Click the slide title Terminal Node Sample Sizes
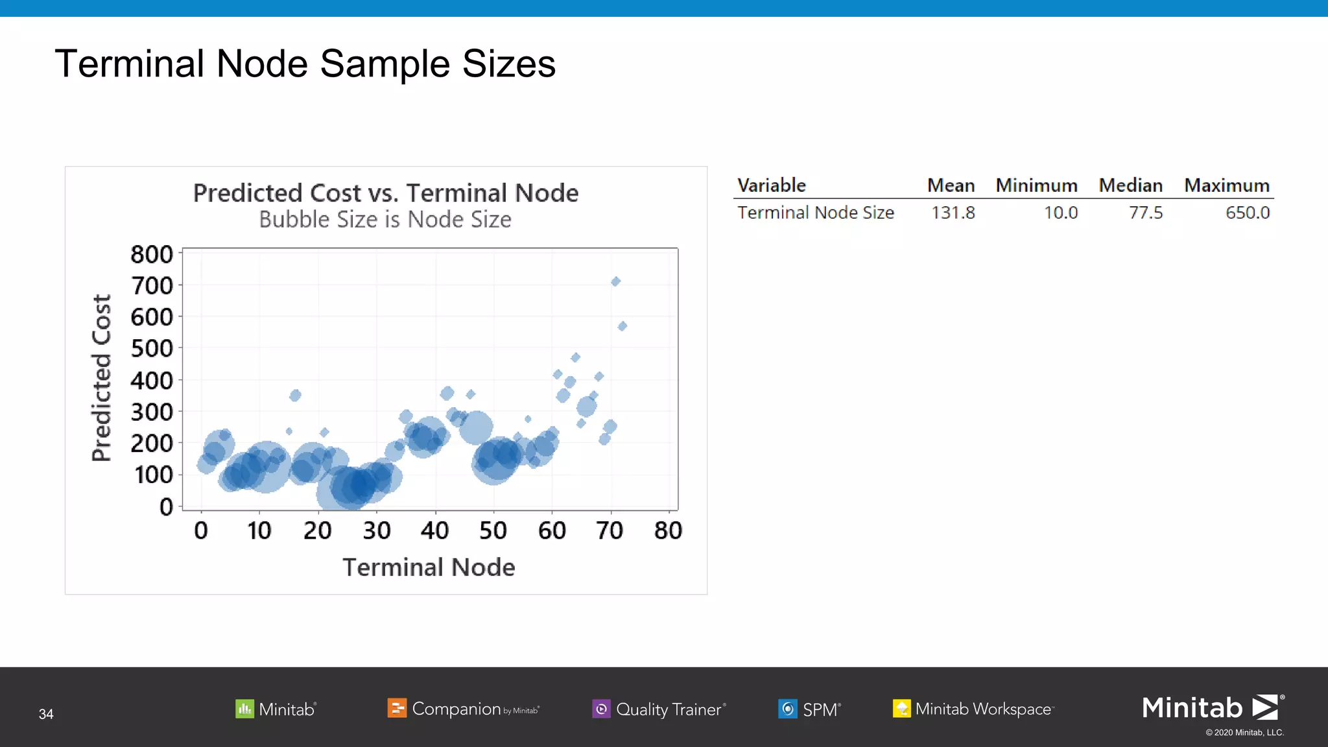tap(305, 64)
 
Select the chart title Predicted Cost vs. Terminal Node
tap(386, 193)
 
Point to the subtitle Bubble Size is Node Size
tap(385, 220)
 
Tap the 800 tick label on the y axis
tap(152, 255)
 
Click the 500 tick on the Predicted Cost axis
tap(152, 349)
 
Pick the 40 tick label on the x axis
tap(434, 531)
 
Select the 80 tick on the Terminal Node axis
tap(668, 531)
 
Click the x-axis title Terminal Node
tap(429, 567)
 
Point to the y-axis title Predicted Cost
tap(102, 377)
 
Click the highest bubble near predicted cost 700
tap(615, 281)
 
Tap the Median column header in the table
tap(1130, 185)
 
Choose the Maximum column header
tap(1226, 185)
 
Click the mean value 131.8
tap(953, 213)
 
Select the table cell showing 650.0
tap(1247, 213)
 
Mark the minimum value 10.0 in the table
tap(1060, 213)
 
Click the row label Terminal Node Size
tap(816, 213)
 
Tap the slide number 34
tap(46, 714)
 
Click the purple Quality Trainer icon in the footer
tap(601, 709)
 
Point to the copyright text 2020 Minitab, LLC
tap(1244, 733)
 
